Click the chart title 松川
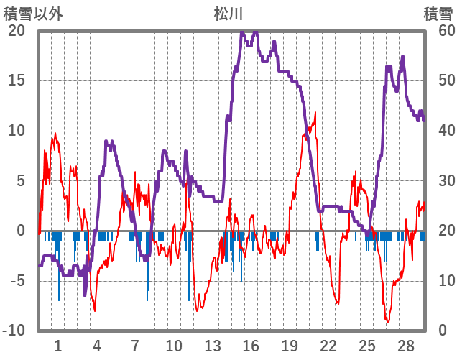coord(228,13)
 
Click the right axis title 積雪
coord(438,13)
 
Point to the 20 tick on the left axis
coord(16,31)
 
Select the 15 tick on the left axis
coord(16,80)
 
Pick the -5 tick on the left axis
coord(16,281)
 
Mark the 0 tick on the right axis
coord(442,331)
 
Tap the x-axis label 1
coord(58,346)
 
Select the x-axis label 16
coord(250,346)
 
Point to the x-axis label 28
coord(405,346)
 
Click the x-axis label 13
coord(212,346)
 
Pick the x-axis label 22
coord(328,346)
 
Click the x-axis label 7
coord(135,346)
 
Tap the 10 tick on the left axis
coord(16,131)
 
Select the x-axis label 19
coord(289,346)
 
